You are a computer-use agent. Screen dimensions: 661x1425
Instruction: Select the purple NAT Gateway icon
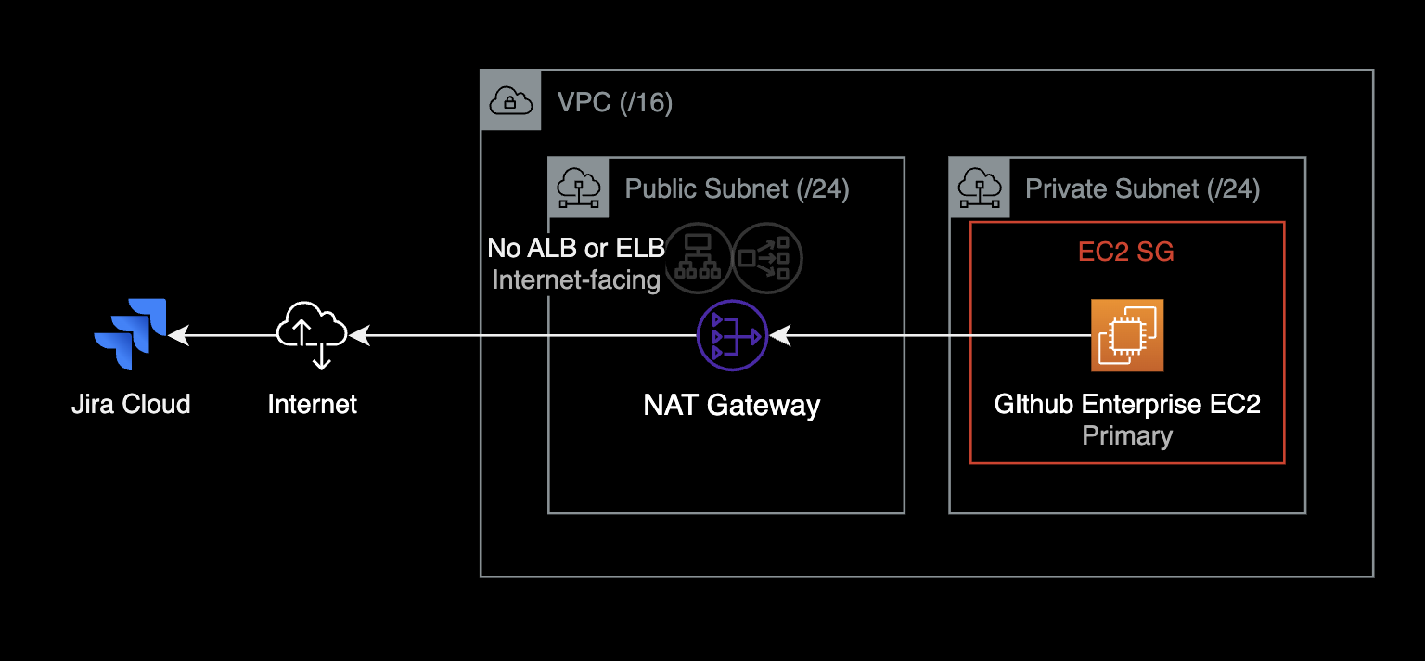click(732, 335)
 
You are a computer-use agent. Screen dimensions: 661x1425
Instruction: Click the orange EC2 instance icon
click(1127, 335)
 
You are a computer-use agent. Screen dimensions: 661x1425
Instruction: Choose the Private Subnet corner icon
click(980, 188)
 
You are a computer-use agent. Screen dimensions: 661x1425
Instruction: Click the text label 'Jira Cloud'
click(131, 404)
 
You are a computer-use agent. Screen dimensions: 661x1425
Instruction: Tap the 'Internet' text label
click(313, 404)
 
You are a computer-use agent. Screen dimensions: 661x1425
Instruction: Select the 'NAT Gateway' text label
click(732, 405)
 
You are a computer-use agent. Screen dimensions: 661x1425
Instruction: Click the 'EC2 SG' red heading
click(1126, 252)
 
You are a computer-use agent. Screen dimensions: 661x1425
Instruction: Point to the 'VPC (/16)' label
click(615, 102)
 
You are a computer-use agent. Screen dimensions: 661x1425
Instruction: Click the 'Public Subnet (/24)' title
click(738, 188)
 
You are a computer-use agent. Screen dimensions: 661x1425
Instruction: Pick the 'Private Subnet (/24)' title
click(1142, 188)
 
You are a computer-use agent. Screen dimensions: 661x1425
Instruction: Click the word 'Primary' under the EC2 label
click(1127, 435)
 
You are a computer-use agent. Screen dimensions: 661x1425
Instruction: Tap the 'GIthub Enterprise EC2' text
click(1127, 405)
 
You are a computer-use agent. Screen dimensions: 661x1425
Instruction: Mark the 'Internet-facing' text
click(576, 279)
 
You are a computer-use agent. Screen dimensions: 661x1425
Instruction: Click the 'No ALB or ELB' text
click(576, 248)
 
